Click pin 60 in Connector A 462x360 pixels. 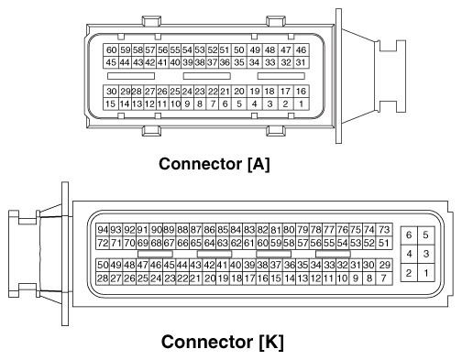tap(112, 49)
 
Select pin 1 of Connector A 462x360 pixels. tap(302, 104)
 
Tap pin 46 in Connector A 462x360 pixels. tap(302, 49)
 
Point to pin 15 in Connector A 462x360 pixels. tap(112, 104)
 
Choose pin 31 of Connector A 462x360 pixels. tap(302, 62)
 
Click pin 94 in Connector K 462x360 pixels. tap(103, 229)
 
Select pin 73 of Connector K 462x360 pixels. tap(385, 229)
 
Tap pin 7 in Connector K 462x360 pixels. tap(385, 278)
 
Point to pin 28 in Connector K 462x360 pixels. tap(103, 278)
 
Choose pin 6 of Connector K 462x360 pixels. tap(409, 235)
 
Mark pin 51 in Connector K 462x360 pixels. tap(384, 243)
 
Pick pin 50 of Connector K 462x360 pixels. tap(103, 265)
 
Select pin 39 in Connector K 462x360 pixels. tap(248, 265)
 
